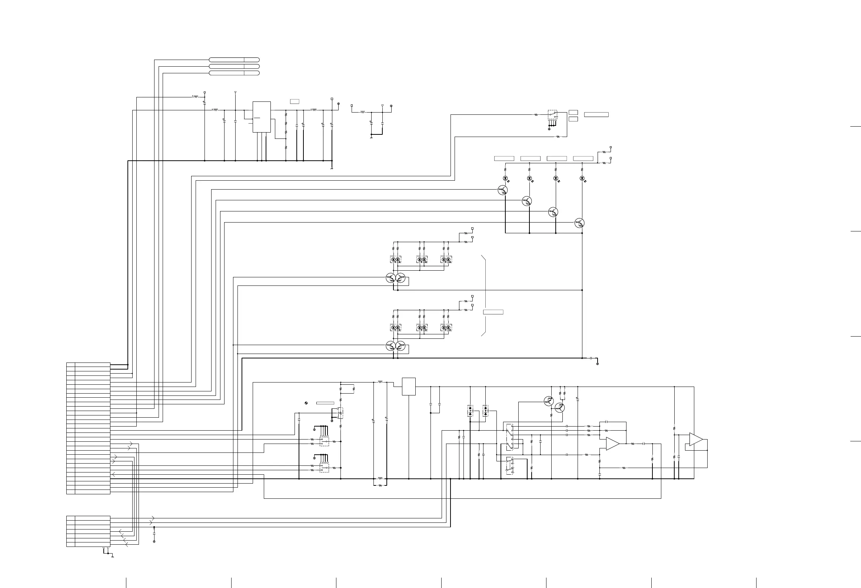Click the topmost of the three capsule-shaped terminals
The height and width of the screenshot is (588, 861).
coord(234,60)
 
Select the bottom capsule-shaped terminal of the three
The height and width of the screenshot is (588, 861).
coord(234,73)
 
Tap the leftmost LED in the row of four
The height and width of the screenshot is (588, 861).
coord(505,178)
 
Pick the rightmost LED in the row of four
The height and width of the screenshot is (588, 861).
coord(582,178)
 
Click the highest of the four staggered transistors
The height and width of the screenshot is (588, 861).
coord(503,190)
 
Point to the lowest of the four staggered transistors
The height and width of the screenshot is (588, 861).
coord(579,223)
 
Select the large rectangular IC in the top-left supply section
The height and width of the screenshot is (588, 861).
coord(262,117)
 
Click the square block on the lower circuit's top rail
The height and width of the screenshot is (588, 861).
coord(409,387)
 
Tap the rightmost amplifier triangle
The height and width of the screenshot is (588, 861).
coord(696,440)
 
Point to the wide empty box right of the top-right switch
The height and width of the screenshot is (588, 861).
coord(596,114)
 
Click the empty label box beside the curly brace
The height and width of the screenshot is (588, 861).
coord(493,312)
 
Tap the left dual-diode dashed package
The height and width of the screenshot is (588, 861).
coord(470,411)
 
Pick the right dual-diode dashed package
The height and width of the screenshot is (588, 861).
coord(485,411)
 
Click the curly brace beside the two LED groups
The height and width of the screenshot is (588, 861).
coord(484,295)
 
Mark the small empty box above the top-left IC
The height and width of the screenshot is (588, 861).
coord(295,101)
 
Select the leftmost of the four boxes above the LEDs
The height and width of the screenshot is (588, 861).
coord(504,158)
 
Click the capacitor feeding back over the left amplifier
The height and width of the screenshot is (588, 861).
coord(606,422)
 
